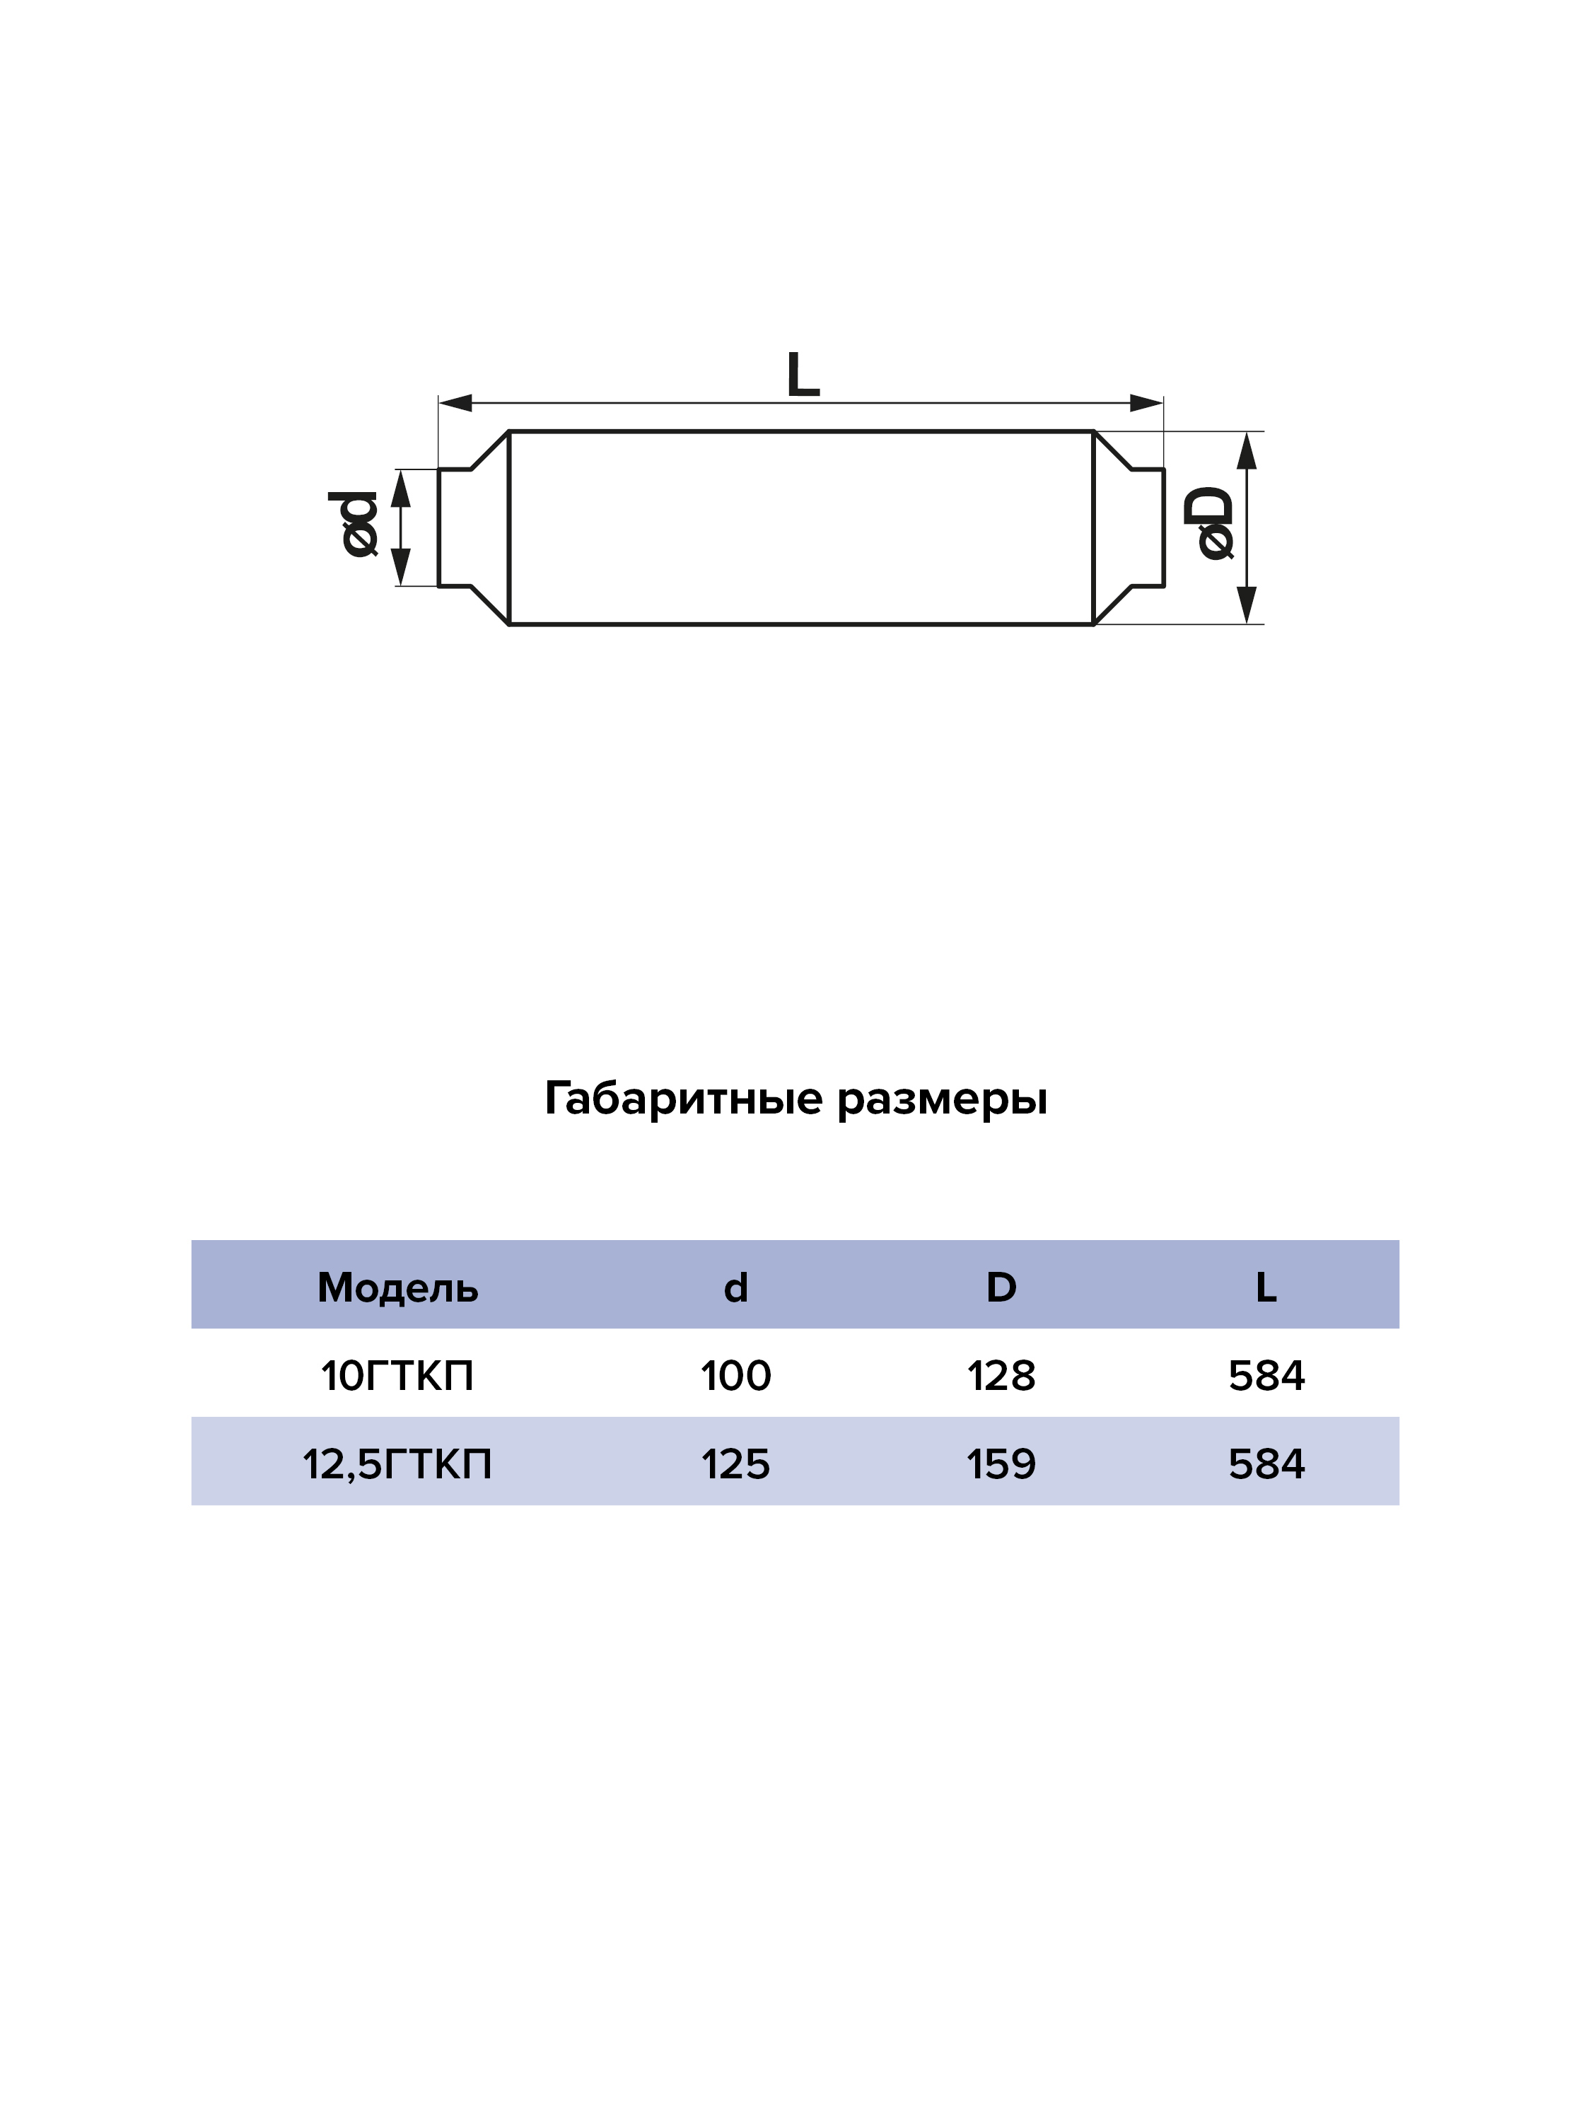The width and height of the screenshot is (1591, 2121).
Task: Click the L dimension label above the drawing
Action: (x=803, y=374)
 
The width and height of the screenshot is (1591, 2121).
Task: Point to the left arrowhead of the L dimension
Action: (x=455, y=403)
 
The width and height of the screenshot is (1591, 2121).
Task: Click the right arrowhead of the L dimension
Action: (x=1147, y=403)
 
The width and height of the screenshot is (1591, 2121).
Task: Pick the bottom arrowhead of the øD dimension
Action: (x=1246, y=605)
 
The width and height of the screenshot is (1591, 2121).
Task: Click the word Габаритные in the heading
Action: (x=684, y=1099)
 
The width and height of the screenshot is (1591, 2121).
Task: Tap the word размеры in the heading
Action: (x=942, y=1101)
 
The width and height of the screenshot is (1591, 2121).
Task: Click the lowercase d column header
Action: (x=735, y=1287)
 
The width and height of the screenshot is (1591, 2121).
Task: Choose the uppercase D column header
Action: (x=1001, y=1287)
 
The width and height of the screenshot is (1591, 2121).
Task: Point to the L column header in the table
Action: (x=1266, y=1287)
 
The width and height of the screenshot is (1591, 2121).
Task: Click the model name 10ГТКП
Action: (x=397, y=1376)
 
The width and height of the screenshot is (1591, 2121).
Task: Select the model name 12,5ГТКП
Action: (x=397, y=1465)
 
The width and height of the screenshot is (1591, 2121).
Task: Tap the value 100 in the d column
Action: (x=735, y=1376)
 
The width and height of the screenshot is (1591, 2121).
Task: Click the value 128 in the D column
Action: (x=1001, y=1376)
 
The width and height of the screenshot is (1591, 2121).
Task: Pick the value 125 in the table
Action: (x=735, y=1465)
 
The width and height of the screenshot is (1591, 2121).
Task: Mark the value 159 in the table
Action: (x=1001, y=1465)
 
